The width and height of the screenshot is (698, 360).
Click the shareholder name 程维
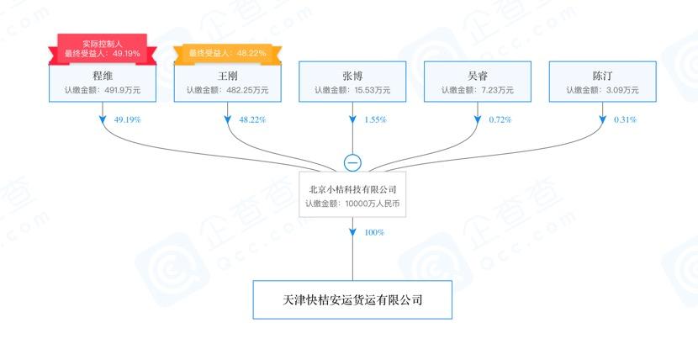point(103,76)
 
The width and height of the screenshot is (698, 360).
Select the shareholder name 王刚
point(227,76)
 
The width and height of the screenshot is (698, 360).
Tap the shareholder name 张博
point(352,76)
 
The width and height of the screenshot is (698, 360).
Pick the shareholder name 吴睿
point(478,76)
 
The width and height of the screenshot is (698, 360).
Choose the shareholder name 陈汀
point(603,76)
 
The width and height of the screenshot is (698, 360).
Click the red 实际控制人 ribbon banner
point(103,49)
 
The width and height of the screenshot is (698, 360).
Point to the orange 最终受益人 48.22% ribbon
point(227,54)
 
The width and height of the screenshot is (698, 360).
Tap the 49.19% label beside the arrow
point(127,119)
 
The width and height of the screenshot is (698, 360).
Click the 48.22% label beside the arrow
point(252,119)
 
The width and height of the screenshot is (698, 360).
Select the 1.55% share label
point(375,119)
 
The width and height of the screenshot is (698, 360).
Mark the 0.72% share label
point(500,119)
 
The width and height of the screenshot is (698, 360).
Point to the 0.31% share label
point(625,119)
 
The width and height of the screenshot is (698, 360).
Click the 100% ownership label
point(374,232)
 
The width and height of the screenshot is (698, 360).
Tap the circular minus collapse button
point(352,163)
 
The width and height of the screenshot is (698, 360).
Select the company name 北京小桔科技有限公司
point(352,189)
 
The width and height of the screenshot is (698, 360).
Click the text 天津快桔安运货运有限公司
point(352,300)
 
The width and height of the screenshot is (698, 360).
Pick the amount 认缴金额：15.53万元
point(352,90)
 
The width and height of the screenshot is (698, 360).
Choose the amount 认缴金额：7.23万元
point(478,90)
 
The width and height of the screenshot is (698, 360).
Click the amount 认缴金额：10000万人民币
point(352,204)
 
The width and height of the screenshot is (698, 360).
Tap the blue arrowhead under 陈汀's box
point(603,119)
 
